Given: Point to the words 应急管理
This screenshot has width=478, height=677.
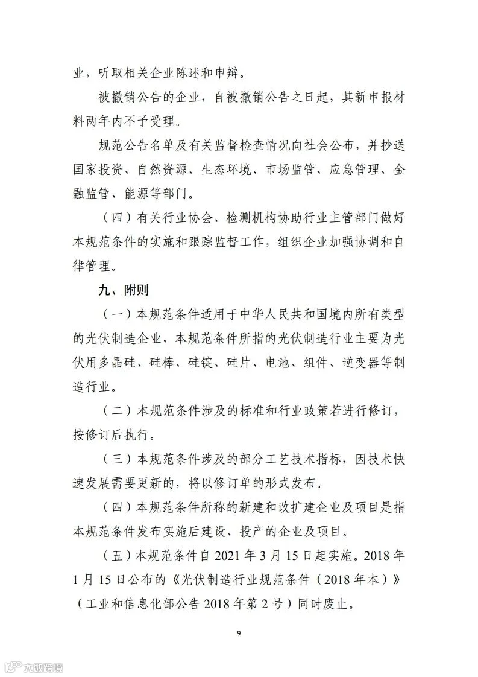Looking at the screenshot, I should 358,170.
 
